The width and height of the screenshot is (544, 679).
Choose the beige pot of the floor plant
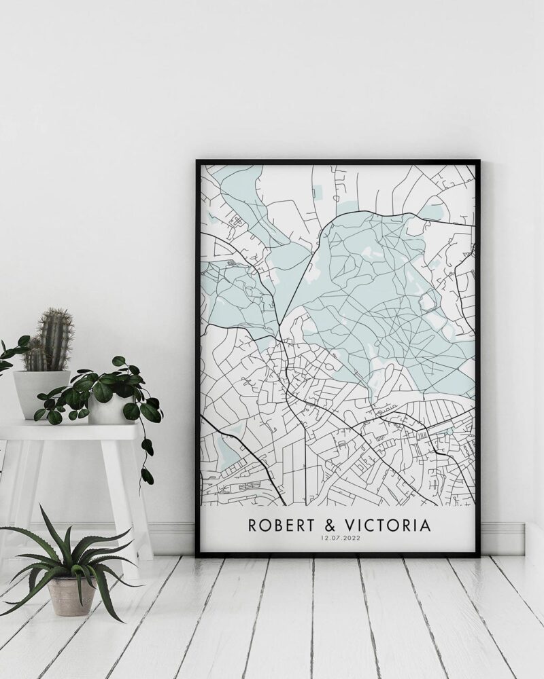pyautogui.click(x=71, y=595)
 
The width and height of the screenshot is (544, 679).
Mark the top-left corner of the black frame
pyautogui.click(x=198, y=162)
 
